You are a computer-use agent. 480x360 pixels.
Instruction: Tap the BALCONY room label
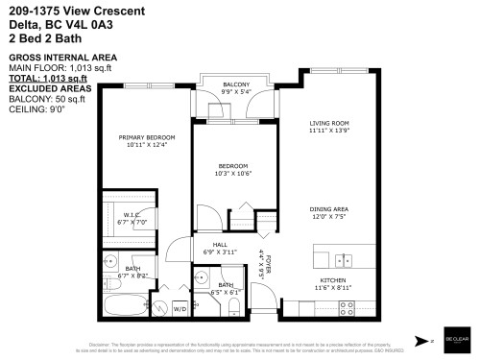[x=236, y=84]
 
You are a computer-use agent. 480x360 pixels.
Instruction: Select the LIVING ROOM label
[x=327, y=122]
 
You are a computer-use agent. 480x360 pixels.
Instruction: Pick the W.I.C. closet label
[x=132, y=214]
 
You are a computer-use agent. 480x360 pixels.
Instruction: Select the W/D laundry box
[x=179, y=308]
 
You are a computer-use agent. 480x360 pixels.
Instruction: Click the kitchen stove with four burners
[x=347, y=307]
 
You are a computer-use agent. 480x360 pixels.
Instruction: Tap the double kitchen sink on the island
[x=344, y=260]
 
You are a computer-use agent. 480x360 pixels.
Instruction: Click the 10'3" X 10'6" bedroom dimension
[x=231, y=174]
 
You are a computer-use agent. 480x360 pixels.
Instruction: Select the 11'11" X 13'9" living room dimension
[x=327, y=130]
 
